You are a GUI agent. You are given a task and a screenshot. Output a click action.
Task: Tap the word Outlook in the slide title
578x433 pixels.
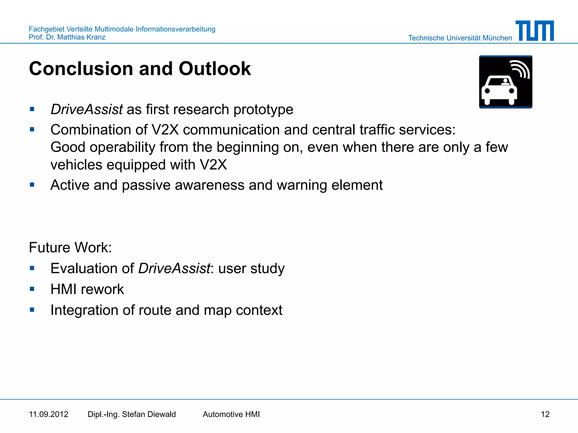point(214,69)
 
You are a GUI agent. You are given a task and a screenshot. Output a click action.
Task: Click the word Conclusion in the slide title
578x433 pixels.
point(81,69)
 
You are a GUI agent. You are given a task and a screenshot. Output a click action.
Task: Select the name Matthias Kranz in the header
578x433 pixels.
point(81,37)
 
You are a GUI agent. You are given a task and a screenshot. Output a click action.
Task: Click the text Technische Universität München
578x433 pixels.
point(460,38)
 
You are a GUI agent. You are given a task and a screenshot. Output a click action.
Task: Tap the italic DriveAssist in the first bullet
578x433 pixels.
point(87,109)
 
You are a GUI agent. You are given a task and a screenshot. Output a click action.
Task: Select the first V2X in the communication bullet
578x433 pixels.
point(165,130)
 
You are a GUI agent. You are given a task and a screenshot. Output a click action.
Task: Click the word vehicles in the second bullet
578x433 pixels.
point(76,165)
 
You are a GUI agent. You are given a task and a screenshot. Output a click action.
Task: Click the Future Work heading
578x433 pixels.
point(70,248)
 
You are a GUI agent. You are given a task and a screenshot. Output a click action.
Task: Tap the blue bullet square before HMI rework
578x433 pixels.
point(32,289)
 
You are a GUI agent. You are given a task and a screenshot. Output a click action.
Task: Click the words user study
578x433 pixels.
point(251,269)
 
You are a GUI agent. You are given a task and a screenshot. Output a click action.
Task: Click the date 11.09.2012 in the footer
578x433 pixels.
point(49,414)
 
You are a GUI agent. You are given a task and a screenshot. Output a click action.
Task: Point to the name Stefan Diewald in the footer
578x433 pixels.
point(149,414)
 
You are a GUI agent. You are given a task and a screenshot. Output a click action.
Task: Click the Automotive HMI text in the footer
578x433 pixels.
point(231,414)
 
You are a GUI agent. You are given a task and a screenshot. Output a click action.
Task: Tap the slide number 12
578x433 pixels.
point(545,414)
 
